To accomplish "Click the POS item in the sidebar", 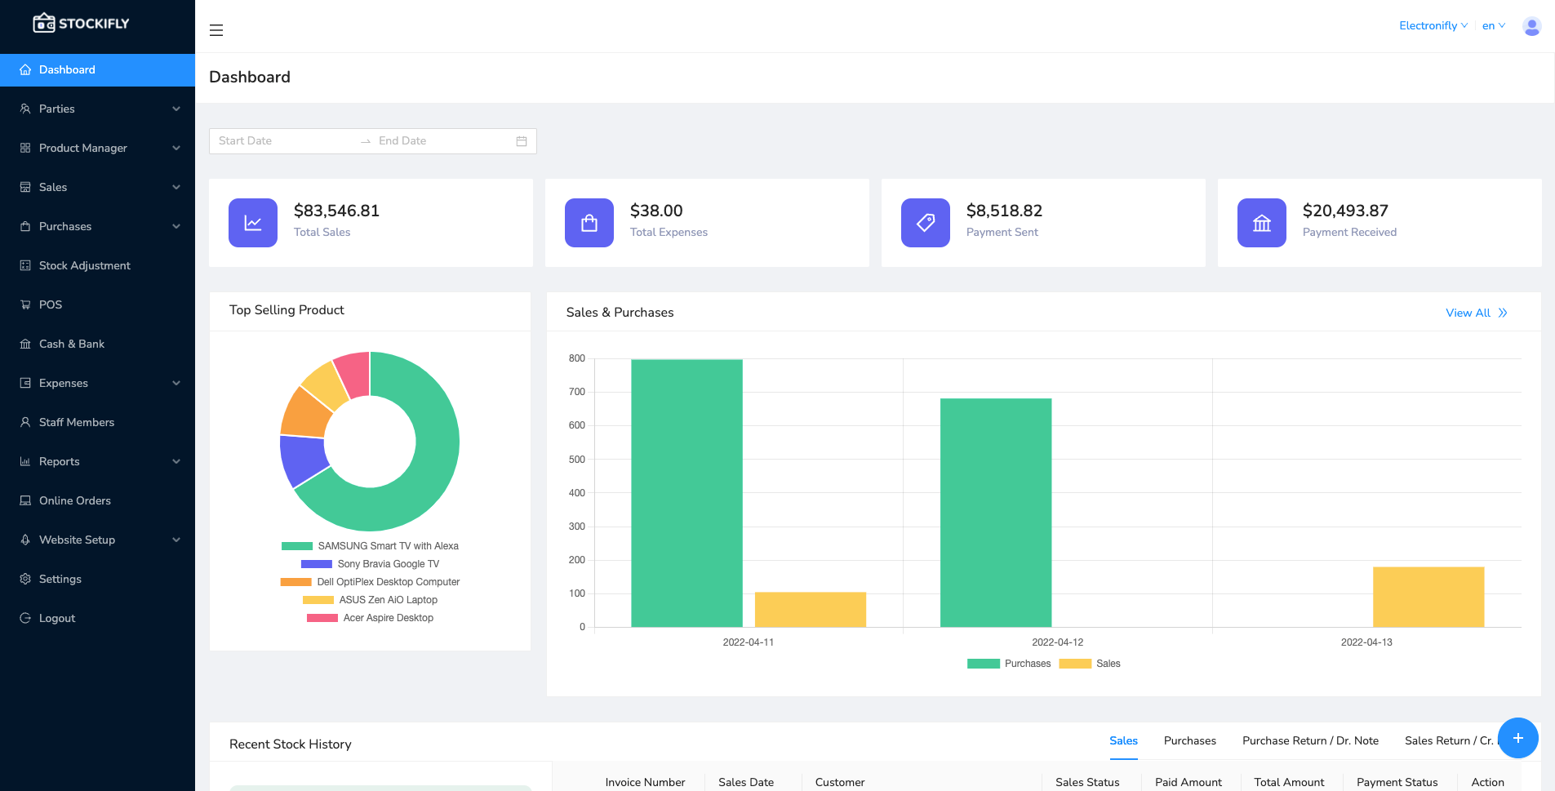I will [50, 304].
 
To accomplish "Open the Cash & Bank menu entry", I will [71, 344].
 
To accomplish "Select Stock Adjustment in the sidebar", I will [84, 265].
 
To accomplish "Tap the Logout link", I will [56, 618].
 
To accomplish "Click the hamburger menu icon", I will [216, 30].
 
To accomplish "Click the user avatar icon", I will [1531, 26].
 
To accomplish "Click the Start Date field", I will [282, 140].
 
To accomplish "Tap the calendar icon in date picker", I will [522, 141].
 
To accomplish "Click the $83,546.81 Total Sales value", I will [336, 211].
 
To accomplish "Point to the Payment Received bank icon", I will [1261, 223].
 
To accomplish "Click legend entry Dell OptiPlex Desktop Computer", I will [388, 582].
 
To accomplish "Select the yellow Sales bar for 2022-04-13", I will [1428, 597].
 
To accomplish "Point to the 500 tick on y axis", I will [577, 460].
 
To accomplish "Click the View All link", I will [1475, 313].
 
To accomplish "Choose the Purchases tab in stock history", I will [1189, 740].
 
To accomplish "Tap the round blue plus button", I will [1517, 738].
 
